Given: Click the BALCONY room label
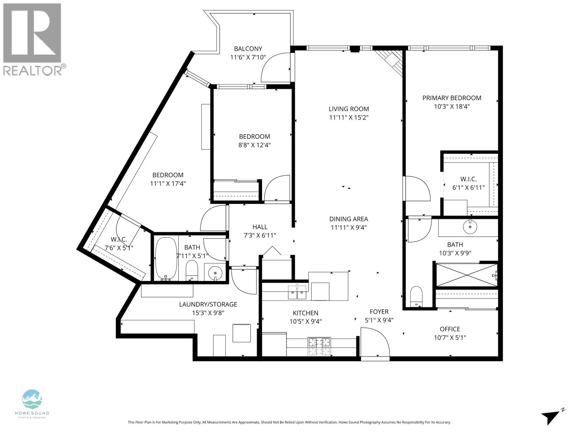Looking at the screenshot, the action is (x=248, y=49).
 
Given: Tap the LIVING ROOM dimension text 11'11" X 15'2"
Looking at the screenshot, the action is (x=348, y=118).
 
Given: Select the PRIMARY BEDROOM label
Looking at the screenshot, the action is (x=452, y=98).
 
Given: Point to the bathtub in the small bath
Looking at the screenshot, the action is (x=166, y=259).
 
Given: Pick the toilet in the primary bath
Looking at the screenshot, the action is (x=416, y=297).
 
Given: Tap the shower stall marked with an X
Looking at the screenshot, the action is (x=466, y=275).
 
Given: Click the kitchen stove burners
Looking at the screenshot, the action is (x=319, y=346).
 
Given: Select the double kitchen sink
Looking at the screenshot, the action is (x=297, y=292).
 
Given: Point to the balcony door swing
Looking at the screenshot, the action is (x=276, y=67).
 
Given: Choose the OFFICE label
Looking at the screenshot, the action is (x=450, y=329).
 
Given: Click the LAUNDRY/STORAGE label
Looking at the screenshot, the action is (x=208, y=305).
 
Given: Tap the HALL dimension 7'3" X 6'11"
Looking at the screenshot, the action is (x=260, y=235).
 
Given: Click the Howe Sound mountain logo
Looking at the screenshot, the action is (x=32, y=399).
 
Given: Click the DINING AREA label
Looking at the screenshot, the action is (x=348, y=219).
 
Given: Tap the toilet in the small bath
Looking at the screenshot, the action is (x=192, y=271).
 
